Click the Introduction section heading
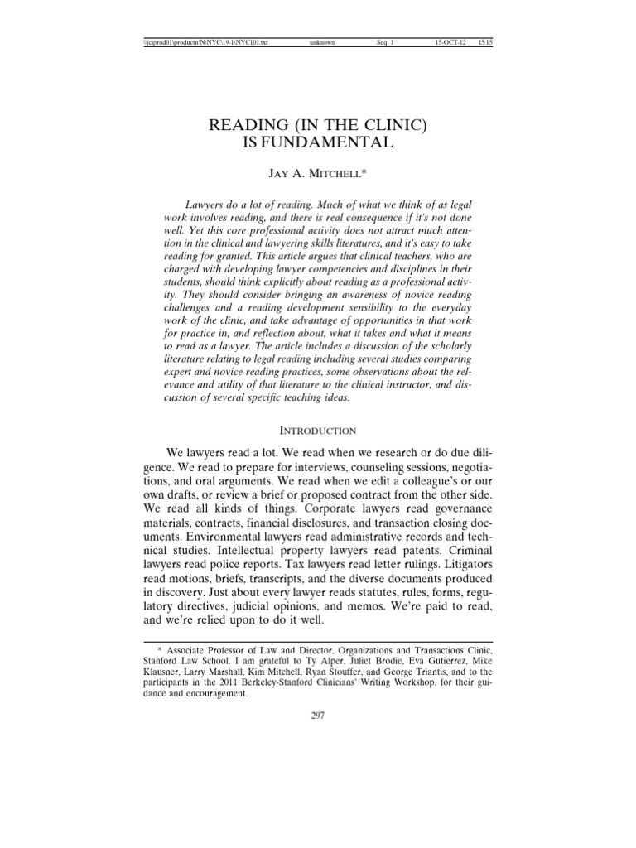[318, 431]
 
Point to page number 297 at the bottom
[318, 715]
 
